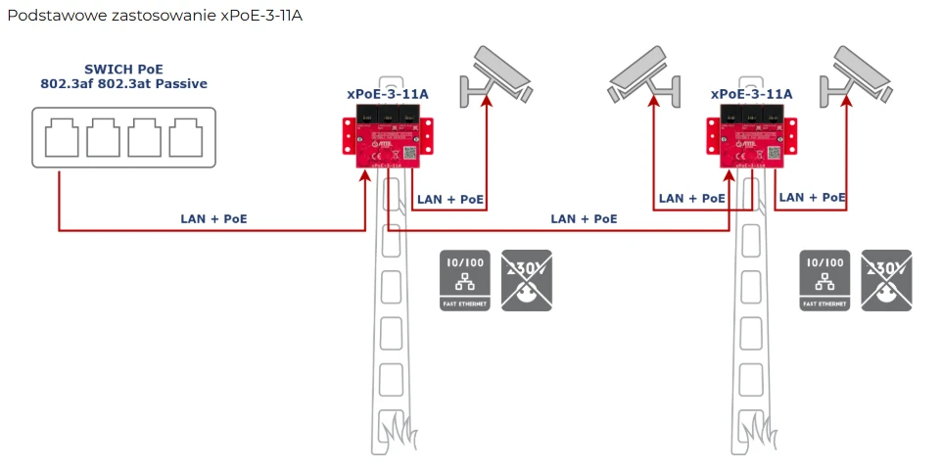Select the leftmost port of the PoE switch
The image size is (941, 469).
(61, 137)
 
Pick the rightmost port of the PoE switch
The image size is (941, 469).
(185, 137)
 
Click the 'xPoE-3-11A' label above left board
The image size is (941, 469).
(388, 94)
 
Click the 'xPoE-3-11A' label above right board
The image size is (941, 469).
(751, 94)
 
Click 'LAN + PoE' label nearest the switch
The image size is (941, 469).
(214, 218)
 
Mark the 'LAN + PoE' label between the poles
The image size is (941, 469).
(584, 218)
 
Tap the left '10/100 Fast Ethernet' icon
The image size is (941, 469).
(465, 280)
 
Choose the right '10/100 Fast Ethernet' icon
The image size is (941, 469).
(824, 280)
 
